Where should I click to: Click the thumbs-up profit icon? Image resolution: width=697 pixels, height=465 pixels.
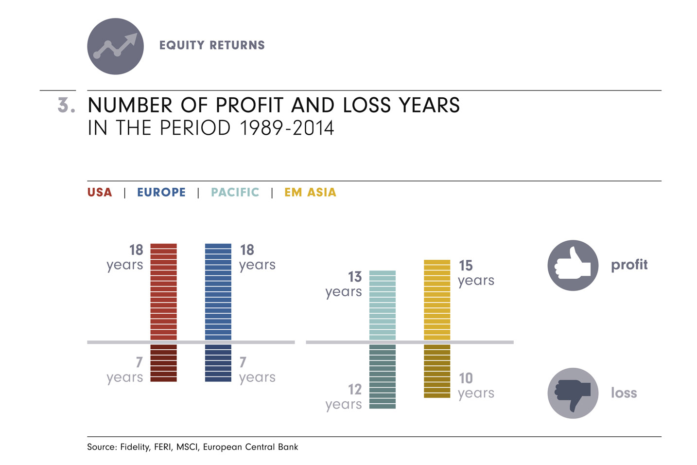pos(573,266)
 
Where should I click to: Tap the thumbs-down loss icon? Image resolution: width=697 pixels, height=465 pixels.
pos(573,393)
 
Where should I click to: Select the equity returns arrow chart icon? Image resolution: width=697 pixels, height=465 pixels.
pos(116,46)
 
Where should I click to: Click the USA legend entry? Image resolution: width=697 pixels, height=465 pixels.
pos(100,193)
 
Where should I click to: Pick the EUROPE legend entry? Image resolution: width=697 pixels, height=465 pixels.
pos(161,193)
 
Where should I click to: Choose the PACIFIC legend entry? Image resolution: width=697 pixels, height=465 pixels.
pos(235,193)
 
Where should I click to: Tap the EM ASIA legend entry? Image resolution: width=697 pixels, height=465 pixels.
pos(310,193)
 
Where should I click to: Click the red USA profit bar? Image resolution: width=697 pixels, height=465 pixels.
pos(163,292)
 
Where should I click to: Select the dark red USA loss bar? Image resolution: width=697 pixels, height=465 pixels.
pos(163,363)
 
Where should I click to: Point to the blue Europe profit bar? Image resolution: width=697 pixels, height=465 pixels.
pos(218,292)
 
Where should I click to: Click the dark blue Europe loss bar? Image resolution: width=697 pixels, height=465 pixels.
pos(218,363)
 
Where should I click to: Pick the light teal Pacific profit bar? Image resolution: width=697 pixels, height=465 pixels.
pos(383,305)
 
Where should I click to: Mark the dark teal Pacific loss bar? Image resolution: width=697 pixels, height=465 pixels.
pos(383,376)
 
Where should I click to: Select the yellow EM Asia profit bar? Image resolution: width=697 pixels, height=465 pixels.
pos(437,300)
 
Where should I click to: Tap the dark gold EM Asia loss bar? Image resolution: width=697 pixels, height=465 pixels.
pos(437,371)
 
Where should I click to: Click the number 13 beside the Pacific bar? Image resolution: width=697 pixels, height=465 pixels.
pos(355,277)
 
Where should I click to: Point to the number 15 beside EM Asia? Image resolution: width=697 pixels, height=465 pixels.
pos(466,266)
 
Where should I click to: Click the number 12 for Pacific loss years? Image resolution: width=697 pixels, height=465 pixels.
pos(355,390)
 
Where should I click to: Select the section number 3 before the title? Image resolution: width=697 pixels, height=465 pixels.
pos(66,106)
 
